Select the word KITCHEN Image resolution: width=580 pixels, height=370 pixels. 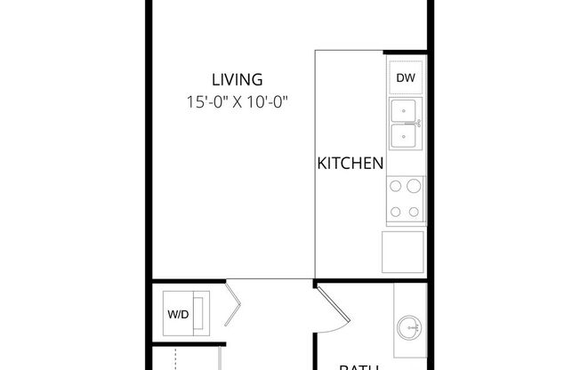[350, 164]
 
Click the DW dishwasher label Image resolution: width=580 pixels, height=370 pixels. [405, 77]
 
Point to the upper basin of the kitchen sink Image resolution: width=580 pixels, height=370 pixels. [404, 112]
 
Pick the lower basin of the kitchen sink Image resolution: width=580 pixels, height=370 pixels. [404, 137]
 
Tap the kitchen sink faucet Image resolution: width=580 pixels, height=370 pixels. [418, 125]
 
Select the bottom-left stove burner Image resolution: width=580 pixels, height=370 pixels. [395, 212]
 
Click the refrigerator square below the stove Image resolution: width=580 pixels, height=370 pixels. [403, 251]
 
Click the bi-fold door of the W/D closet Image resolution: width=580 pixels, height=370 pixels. [233, 303]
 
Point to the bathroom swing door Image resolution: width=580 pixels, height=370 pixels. [331, 307]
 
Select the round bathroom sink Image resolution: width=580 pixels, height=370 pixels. [412, 326]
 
